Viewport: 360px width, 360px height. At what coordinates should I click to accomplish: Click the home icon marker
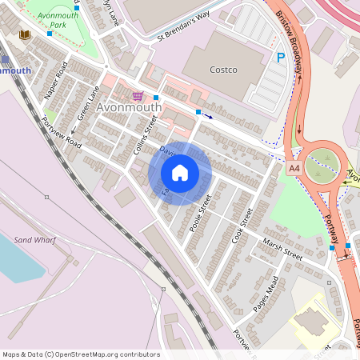[x=180, y=173]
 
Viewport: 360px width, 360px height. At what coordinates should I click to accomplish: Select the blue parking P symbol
[x=280, y=57]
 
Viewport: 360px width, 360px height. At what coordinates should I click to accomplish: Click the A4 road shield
[x=294, y=169]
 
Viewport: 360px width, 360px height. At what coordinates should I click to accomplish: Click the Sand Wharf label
[x=33, y=239]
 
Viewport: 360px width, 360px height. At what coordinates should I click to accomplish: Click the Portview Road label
[x=62, y=133]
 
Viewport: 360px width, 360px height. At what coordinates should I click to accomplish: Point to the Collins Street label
[x=143, y=135]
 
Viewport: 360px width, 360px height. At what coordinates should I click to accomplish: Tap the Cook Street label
[x=242, y=225]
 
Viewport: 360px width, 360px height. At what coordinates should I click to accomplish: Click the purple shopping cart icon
[x=138, y=96]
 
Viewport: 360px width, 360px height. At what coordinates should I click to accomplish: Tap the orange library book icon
[x=24, y=35]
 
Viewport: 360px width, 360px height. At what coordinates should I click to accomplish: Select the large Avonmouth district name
[x=128, y=107]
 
